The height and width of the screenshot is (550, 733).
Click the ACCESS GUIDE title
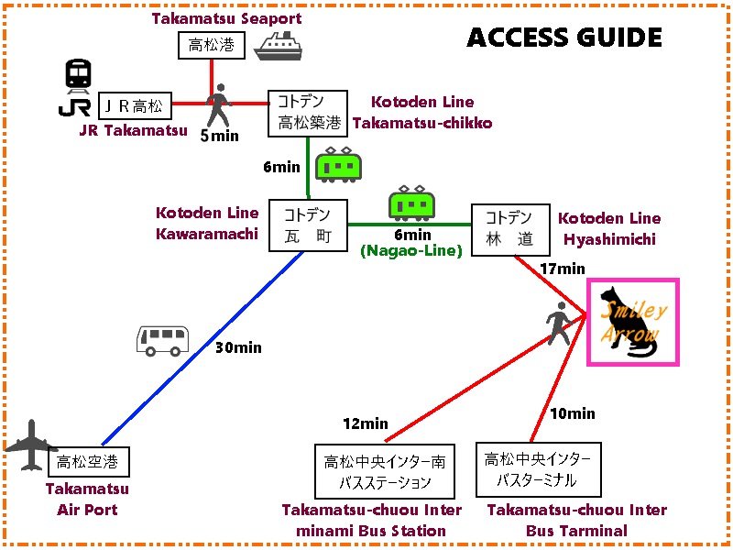coord(563,38)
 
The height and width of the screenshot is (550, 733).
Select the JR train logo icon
coord(77,90)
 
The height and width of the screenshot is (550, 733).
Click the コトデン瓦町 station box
coord(308,225)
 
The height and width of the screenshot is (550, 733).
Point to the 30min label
coord(238,347)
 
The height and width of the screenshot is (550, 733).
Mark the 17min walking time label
coord(563,269)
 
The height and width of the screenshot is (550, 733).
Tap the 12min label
coord(366,424)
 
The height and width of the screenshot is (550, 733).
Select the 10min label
coord(573,414)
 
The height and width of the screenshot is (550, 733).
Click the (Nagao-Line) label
coord(411,249)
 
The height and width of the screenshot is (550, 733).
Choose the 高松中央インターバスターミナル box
coord(538,470)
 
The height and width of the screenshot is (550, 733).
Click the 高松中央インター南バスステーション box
coord(372,471)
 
